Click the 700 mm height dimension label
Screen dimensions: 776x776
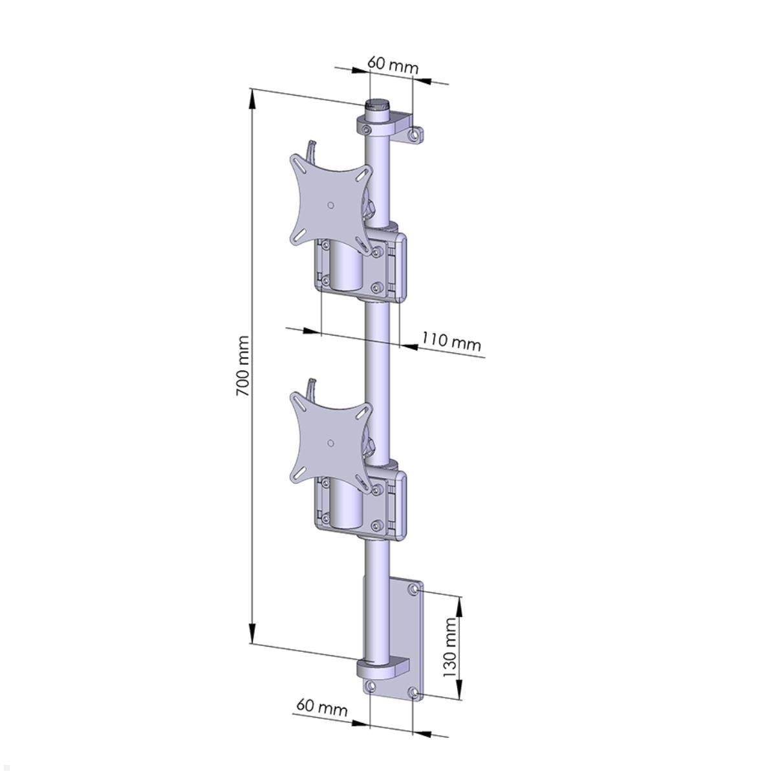point(242,365)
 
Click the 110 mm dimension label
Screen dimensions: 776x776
point(451,341)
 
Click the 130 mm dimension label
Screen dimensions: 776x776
point(450,643)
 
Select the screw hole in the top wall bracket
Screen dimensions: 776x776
point(415,135)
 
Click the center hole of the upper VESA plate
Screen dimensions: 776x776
point(330,206)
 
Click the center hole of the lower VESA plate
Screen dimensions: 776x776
point(330,443)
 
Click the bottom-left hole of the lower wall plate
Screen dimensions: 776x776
point(371,686)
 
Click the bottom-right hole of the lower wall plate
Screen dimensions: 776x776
point(414,694)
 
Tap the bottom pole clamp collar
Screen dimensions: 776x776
point(378,668)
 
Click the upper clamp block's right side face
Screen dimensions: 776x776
point(401,268)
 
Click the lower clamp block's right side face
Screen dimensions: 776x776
point(401,506)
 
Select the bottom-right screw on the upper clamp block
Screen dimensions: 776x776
point(377,287)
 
